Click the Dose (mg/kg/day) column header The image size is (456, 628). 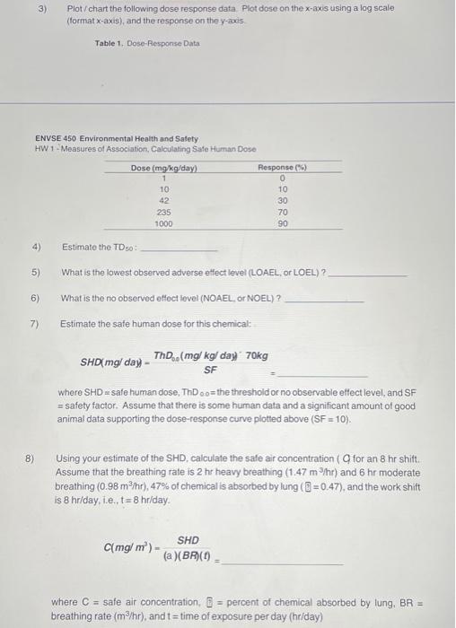click(163, 168)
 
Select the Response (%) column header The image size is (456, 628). click(283, 168)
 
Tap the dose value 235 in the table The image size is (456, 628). click(164, 213)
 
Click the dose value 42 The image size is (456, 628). click(164, 201)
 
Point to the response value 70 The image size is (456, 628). click(283, 213)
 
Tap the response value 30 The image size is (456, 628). click(283, 201)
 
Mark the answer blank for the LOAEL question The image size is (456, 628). click(369, 274)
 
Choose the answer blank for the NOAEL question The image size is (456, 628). click(324, 300)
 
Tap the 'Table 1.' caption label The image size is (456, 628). click(111, 43)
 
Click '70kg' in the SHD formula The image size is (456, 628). click(256, 355)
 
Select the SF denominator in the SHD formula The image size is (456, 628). click(210, 369)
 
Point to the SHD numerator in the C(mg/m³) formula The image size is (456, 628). click(188, 540)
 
